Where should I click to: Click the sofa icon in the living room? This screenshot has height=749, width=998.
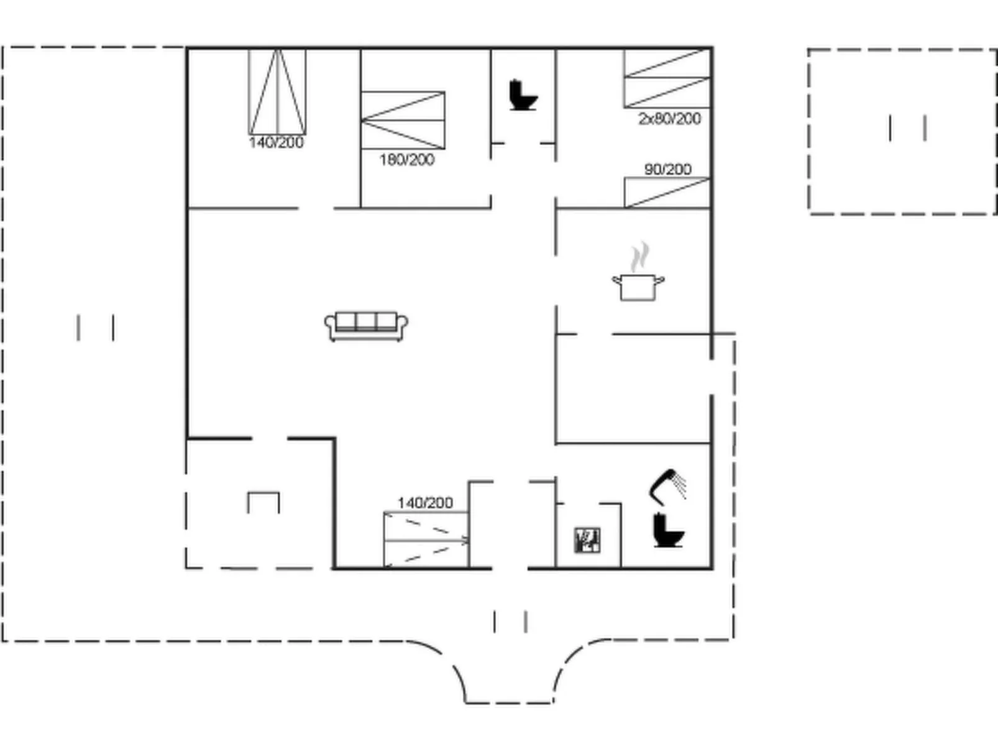tap(366, 326)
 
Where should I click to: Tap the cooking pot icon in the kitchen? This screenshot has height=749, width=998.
tap(638, 287)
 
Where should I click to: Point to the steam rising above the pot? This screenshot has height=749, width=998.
tap(639, 257)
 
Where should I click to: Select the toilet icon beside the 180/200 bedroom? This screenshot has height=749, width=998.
tap(523, 95)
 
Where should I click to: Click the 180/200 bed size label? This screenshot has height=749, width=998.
tap(407, 160)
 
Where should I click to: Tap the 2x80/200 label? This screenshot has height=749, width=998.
tap(670, 119)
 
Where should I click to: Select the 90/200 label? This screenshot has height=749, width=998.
tap(668, 170)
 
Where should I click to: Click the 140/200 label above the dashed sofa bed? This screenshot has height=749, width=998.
tap(425, 503)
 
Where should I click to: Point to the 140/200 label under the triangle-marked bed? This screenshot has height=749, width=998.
tap(276, 143)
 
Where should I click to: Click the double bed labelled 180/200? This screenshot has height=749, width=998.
tap(403, 121)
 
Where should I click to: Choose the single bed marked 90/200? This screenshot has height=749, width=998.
tap(667, 193)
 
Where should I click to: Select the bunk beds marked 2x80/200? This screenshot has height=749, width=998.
tap(667, 78)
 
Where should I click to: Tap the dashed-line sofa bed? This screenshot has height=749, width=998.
tap(426, 540)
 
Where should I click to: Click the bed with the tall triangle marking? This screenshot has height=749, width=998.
tap(277, 92)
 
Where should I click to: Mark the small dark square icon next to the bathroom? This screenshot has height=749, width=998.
tap(587, 540)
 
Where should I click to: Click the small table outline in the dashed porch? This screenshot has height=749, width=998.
tap(263, 502)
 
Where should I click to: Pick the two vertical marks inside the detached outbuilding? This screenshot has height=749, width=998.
tap(907, 128)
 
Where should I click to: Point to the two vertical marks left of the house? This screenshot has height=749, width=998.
tap(96, 328)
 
